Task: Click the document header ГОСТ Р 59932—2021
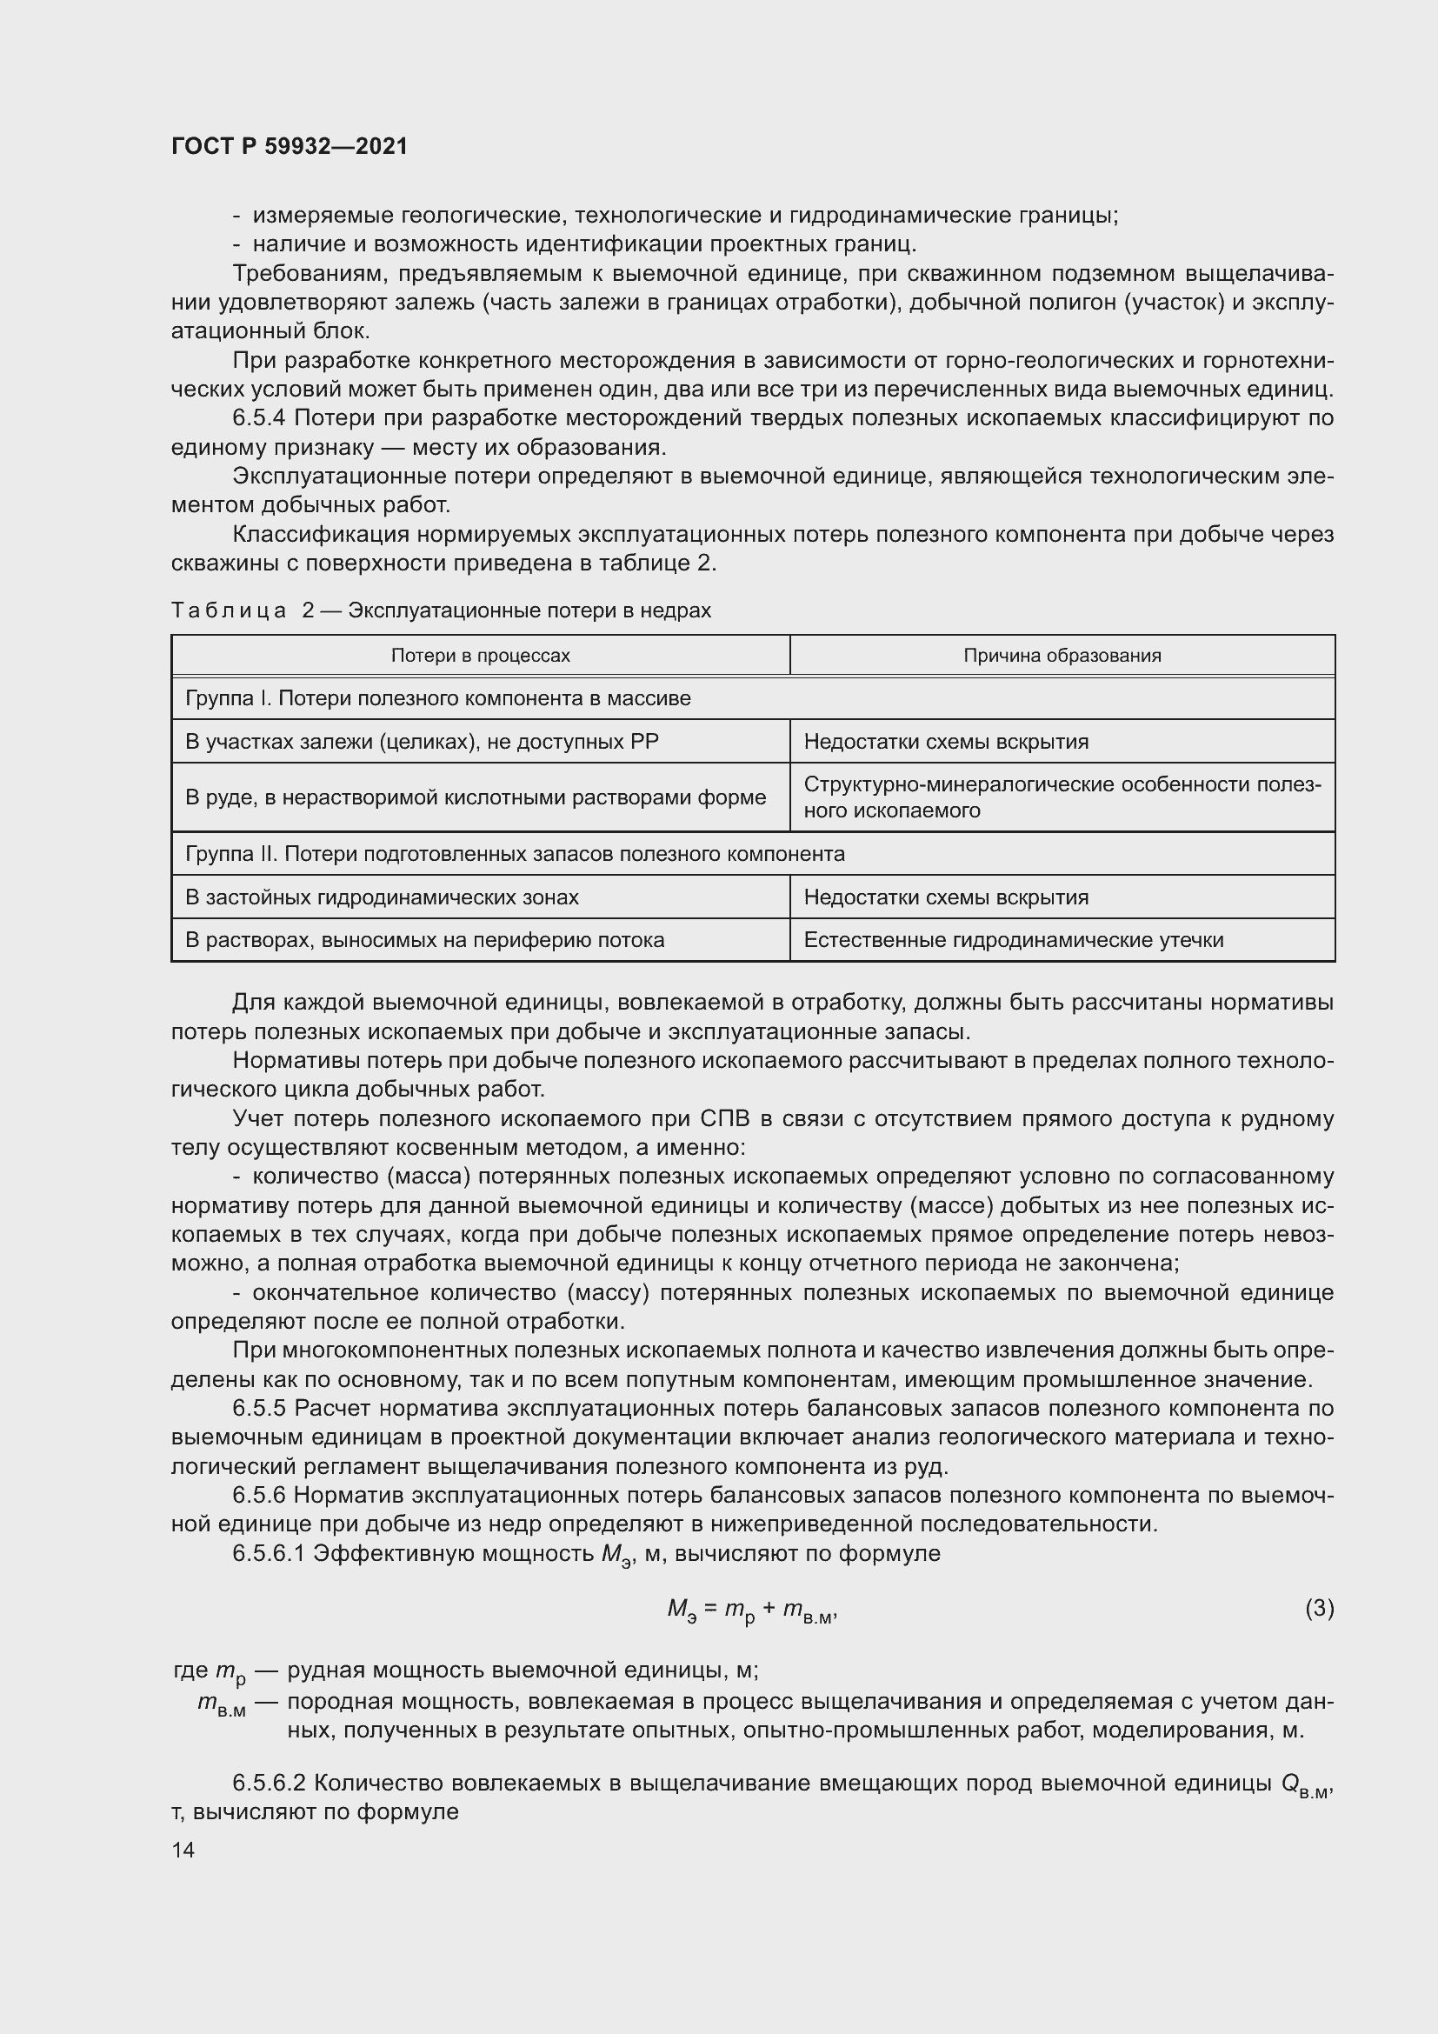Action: point(290,146)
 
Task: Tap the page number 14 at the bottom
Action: point(183,1850)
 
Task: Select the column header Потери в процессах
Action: point(480,656)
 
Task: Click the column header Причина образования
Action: point(1062,656)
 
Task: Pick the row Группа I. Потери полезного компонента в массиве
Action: point(437,698)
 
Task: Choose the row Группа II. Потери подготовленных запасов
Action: point(515,854)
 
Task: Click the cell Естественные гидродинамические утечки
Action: point(1013,940)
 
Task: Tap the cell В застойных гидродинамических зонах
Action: point(382,897)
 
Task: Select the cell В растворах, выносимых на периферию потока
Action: point(424,940)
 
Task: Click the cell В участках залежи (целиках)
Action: point(422,742)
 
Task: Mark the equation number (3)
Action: point(1320,1608)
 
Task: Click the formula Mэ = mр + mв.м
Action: point(752,1611)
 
